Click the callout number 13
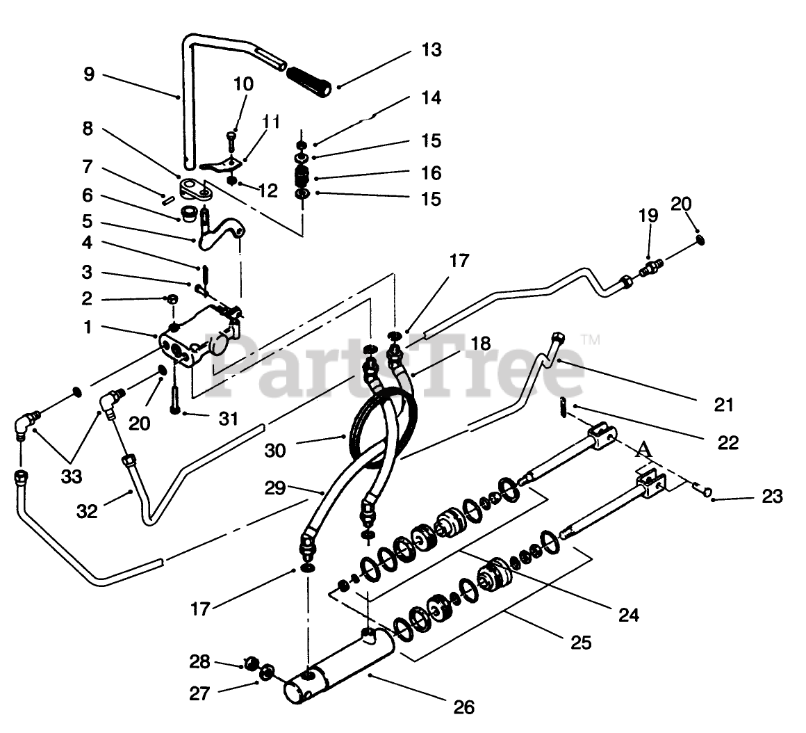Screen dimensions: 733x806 pos(431,50)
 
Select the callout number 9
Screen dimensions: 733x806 pos(88,74)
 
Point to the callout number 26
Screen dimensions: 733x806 pos(464,707)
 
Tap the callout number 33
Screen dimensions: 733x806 pos(72,477)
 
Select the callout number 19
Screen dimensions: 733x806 pos(648,216)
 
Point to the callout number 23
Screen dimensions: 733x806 pos(772,497)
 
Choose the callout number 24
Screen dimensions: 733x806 pos(628,614)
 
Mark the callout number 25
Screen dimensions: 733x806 pos(581,643)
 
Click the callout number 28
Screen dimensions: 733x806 pos(200,661)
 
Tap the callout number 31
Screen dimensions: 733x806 pos(228,419)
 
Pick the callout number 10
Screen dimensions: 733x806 pos(243,84)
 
